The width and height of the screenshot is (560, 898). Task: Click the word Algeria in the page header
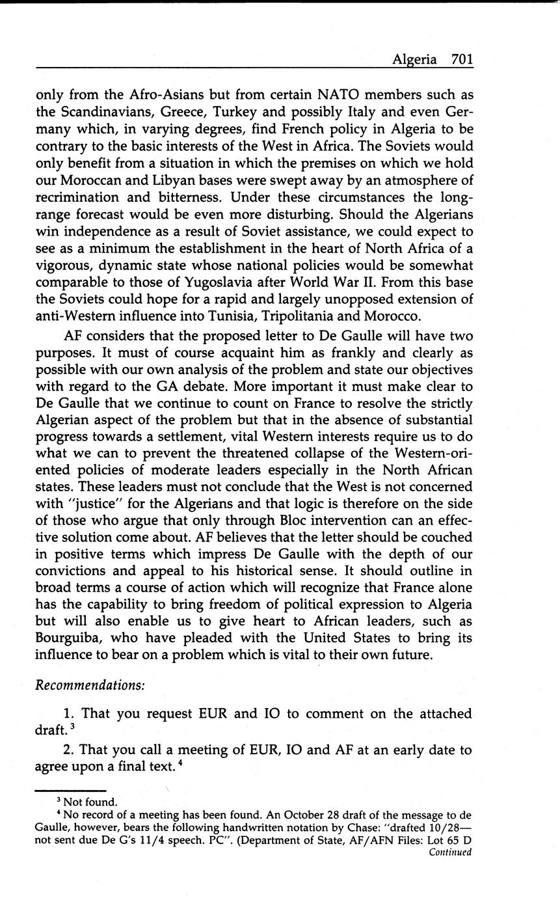[x=414, y=59]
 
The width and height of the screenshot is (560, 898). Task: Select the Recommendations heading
[x=90, y=685]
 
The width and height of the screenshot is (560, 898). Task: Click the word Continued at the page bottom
[x=450, y=852]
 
